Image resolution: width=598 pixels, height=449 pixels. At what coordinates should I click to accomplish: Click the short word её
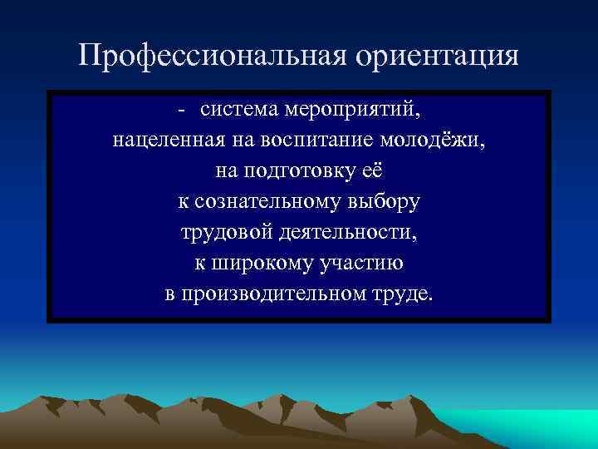click(x=373, y=172)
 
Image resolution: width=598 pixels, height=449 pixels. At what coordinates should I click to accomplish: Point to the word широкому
click(x=257, y=264)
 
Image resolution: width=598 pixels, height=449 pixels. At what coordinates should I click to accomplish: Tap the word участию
click(x=361, y=264)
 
